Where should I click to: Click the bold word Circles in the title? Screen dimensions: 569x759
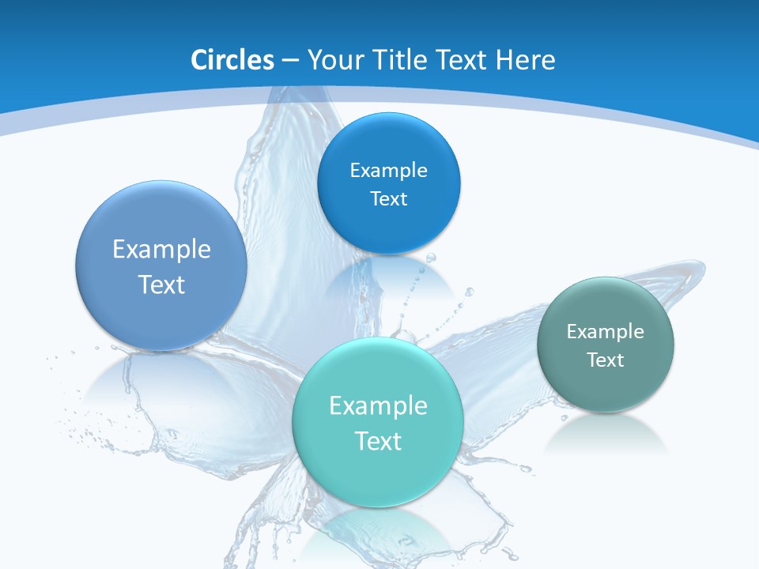[232, 60]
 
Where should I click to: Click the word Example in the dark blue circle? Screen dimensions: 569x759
[389, 170]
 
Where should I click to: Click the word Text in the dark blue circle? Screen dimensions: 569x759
[389, 198]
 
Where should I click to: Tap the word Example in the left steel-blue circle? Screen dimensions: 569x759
[161, 249]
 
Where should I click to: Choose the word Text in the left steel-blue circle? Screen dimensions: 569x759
[161, 284]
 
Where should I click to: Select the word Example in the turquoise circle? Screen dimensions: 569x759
[378, 405]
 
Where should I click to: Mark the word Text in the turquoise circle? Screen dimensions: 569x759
[378, 441]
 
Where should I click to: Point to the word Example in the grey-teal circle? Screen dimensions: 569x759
[606, 331]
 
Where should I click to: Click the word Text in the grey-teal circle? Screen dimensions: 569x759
[606, 360]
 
